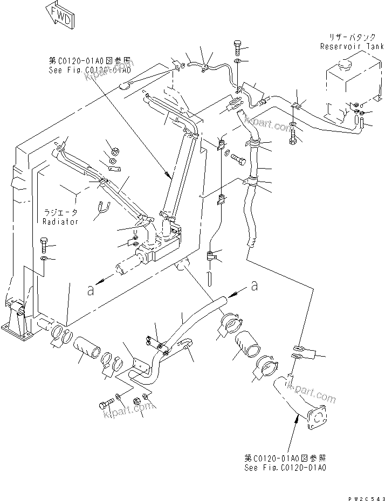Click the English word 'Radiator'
[x=60, y=221]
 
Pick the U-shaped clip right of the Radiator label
[x=102, y=207]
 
